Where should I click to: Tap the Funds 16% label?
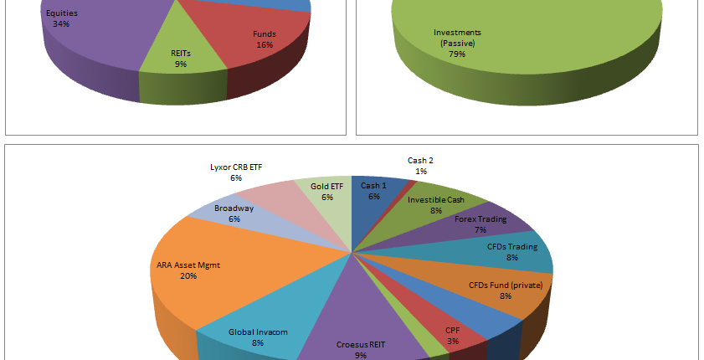pos(265,39)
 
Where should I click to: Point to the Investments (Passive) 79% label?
pos(457,43)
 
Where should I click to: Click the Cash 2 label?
pos(420,166)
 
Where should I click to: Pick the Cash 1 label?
pos(373,191)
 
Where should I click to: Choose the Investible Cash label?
pos(435,205)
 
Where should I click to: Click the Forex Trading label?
pos(480,224)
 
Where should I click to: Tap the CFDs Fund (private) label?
pos(504,291)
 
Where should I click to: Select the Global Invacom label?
pos(258,337)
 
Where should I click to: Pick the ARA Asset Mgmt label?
pos(188,270)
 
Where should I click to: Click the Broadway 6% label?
pos(234,213)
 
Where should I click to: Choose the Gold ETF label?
pos(326,191)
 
